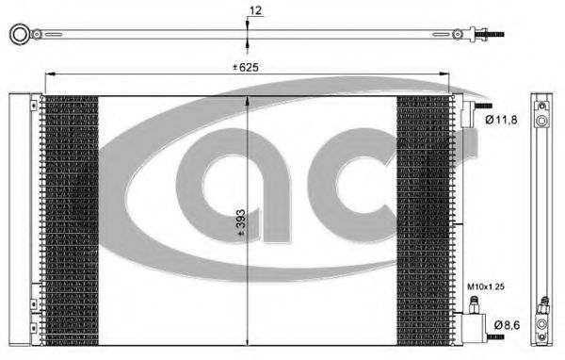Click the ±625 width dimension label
(x=246, y=67)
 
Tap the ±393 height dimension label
(x=241, y=223)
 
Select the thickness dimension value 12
(x=255, y=10)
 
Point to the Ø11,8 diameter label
(x=501, y=120)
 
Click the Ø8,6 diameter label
(x=507, y=325)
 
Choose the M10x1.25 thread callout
(x=486, y=286)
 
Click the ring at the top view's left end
(x=20, y=34)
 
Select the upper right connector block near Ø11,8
(x=468, y=114)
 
